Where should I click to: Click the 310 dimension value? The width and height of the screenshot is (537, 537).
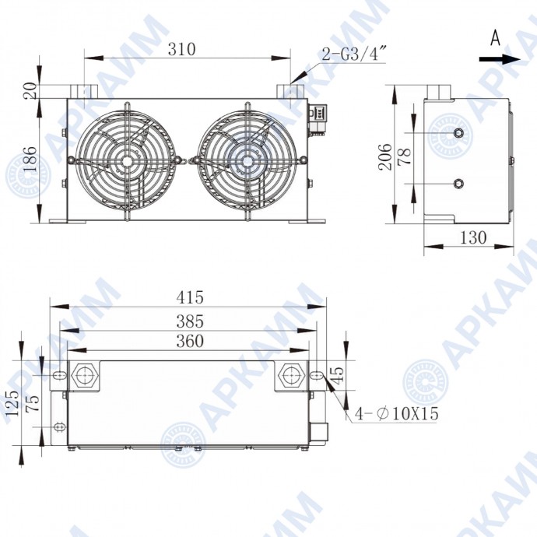tap(181, 49)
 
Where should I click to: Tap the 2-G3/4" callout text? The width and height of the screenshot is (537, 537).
tap(354, 54)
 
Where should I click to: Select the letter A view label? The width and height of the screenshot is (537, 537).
tap(495, 37)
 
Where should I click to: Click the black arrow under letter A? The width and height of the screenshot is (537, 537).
tap(500, 59)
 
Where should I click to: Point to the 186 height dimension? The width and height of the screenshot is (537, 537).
tap(30, 160)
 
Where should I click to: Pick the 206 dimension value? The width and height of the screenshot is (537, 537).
tap(384, 157)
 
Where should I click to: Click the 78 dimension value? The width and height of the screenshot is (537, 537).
tap(405, 156)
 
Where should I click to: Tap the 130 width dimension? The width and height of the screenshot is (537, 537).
tap(472, 237)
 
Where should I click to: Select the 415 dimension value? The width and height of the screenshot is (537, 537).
tap(190, 297)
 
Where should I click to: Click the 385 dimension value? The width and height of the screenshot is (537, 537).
tap(190, 321)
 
